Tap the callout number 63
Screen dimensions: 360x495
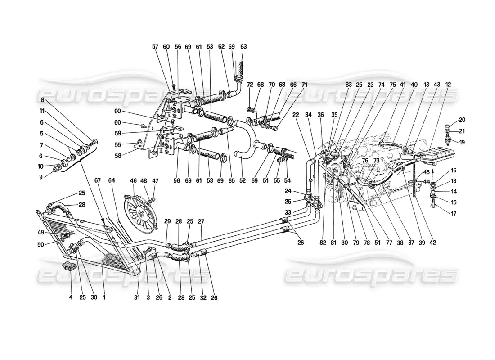[244, 47]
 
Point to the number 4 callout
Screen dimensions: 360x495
[71, 297]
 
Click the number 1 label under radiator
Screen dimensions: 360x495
[104, 297]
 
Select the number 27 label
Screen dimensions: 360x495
[201, 222]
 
